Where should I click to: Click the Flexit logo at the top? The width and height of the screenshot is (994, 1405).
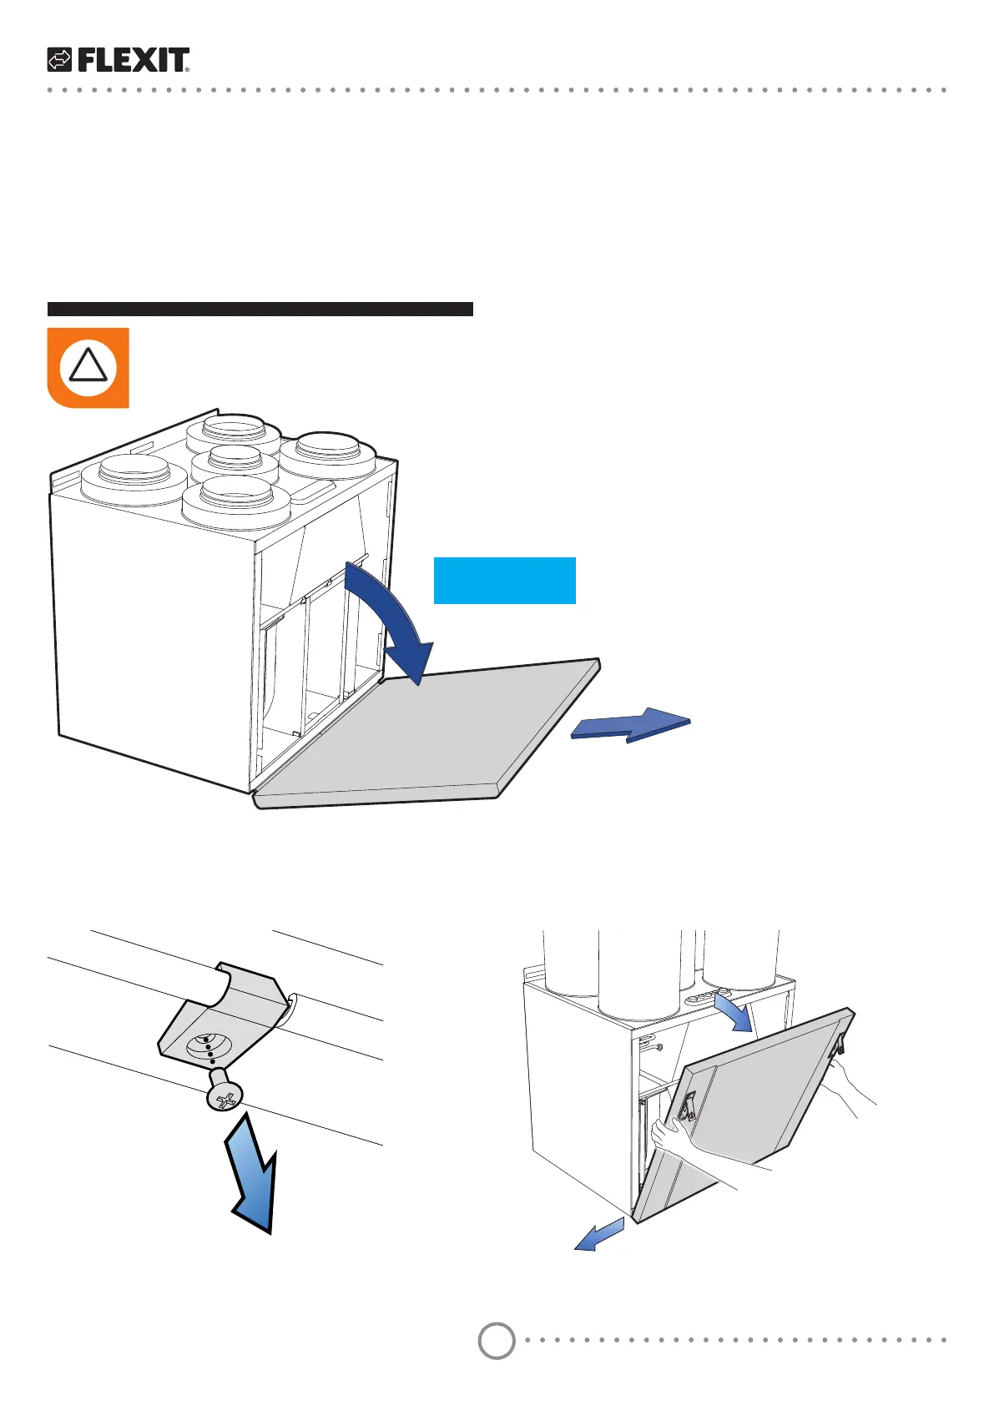pyautogui.click(x=118, y=60)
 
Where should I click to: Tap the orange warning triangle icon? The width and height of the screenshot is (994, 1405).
pyautogui.click(x=88, y=367)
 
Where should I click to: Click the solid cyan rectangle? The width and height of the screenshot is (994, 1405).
pyautogui.click(x=504, y=580)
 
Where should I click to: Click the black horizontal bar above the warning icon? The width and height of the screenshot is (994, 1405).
pyautogui.click(x=260, y=309)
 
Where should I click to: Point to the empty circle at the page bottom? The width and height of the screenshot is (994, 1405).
pyautogui.click(x=497, y=1341)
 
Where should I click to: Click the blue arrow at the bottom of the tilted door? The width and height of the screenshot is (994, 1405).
pyautogui.click(x=599, y=1235)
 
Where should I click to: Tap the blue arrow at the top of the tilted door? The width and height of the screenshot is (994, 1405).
pyautogui.click(x=735, y=1012)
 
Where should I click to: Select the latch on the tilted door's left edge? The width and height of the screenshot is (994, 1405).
pyautogui.click(x=686, y=1105)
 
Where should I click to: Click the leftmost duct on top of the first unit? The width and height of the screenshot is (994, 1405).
pyautogui.click(x=134, y=478)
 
